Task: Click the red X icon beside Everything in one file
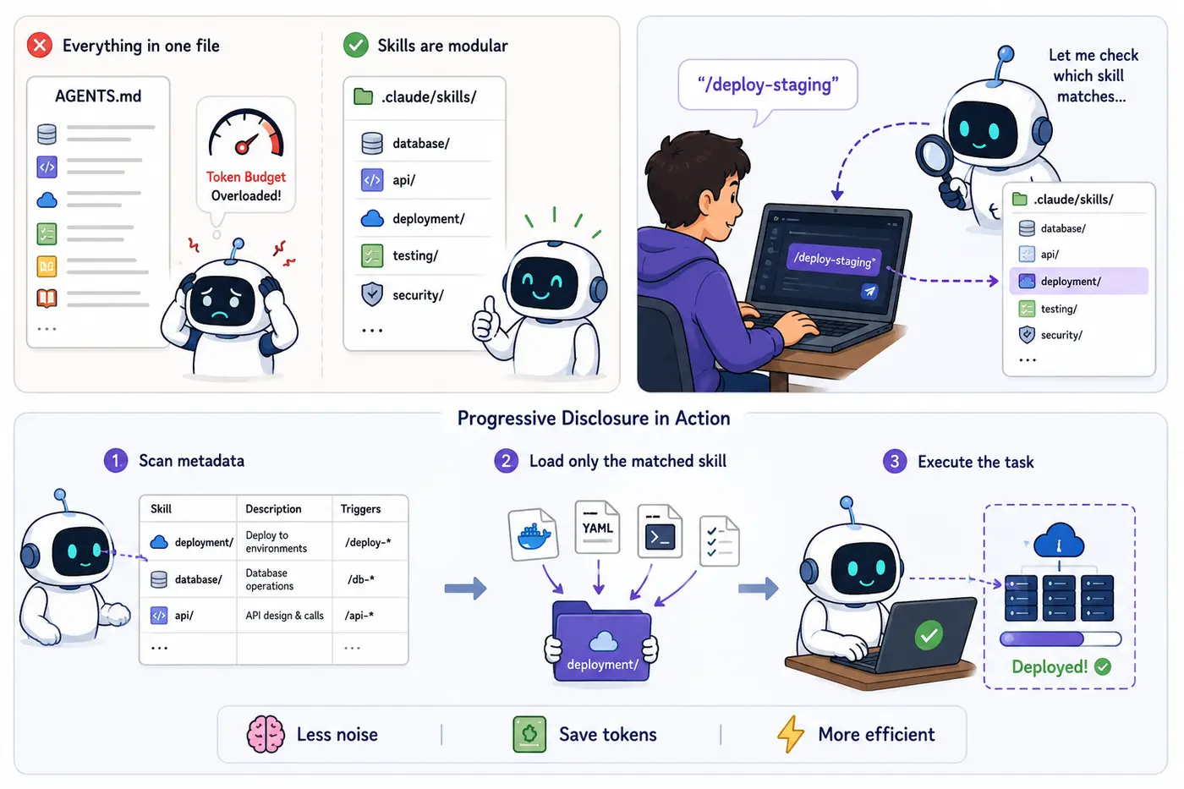[x=40, y=45]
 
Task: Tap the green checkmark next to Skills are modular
[x=356, y=45]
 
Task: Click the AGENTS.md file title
[x=98, y=96]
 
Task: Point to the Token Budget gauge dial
[x=246, y=133]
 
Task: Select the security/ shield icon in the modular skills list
[x=372, y=294]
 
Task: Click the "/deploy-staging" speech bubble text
[x=768, y=85]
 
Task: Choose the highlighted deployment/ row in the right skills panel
[x=1078, y=281]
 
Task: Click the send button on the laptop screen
[x=869, y=291]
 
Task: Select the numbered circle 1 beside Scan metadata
[x=116, y=460]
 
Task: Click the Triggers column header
[x=360, y=508]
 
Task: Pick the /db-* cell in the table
[x=361, y=579]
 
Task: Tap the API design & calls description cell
[x=284, y=615]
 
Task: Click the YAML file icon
[x=597, y=528]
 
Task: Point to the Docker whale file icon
[x=534, y=534]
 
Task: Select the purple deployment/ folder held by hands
[x=602, y=642]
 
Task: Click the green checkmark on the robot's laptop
[x=929, y=635]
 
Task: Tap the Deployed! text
[x=1050, y=667]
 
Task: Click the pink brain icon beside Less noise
[x=266, y=734]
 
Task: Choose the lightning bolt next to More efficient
[x=791, y=734]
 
